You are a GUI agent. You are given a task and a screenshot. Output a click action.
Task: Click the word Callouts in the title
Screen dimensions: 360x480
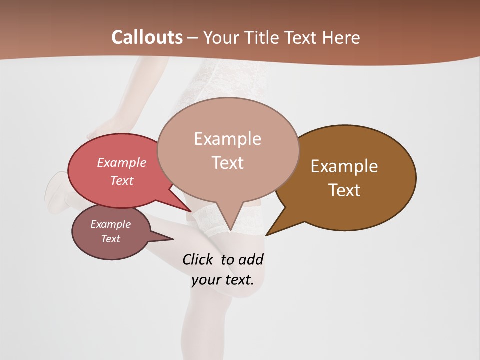(x=147, y=37)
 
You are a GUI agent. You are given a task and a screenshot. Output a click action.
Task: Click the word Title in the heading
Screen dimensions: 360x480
(x=263, y=37)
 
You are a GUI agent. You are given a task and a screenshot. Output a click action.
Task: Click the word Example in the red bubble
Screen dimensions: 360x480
(x=122, y=162)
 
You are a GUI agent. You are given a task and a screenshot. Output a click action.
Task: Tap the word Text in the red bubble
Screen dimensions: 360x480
(x=122, y=180)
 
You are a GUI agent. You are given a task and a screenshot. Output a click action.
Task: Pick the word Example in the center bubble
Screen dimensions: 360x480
(x=227, y=139)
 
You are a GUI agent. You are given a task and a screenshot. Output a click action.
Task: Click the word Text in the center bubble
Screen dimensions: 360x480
(x=227, y=163)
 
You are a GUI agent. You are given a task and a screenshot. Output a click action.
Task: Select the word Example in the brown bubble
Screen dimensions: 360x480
(x=344, y=166)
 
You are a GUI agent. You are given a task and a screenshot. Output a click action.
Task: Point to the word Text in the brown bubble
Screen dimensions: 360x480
(x=344, y=190)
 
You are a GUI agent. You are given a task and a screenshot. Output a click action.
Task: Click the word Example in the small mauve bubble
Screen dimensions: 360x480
(x=110, y=224)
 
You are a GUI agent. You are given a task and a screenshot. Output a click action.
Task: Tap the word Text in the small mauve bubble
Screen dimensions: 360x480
(x=110, y=239)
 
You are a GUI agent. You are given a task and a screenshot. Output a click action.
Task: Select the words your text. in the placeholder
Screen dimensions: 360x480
(x=223, y=280)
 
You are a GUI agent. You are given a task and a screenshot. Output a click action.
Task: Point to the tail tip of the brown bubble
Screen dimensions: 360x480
(x=266, y=235)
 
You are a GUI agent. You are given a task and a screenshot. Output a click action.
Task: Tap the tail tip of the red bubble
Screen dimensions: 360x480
(x=191, y=211)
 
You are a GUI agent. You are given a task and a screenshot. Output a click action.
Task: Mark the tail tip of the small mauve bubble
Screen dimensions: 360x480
(x=173, y=239)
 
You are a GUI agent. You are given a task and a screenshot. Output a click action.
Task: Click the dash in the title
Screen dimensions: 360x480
(x=193, y=37)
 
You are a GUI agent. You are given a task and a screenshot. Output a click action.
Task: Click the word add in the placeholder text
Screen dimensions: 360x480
(x=250, y=259)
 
